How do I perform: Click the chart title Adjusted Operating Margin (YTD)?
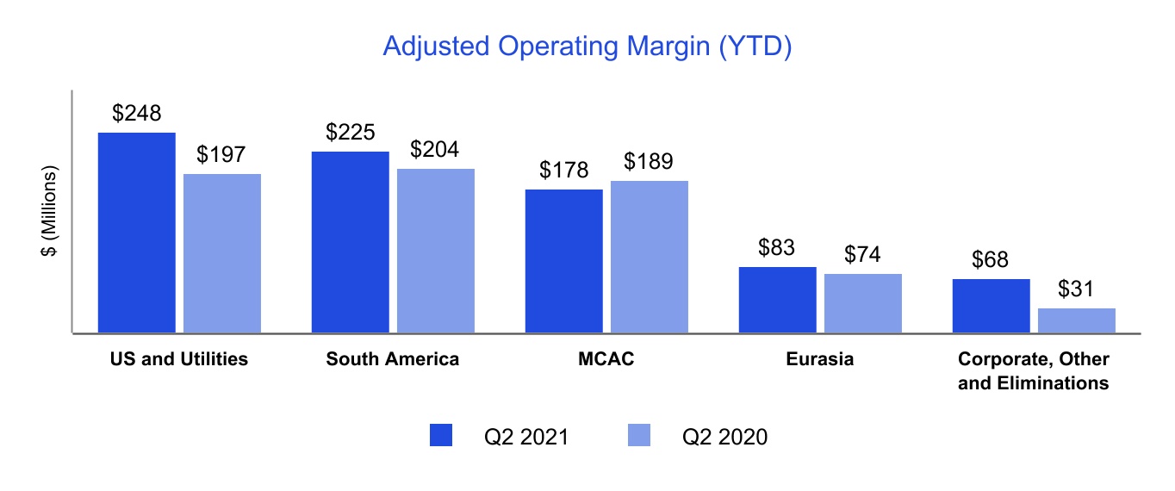coord(587,47)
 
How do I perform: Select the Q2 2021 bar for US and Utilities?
coord(137,233)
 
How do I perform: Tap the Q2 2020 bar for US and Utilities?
coord(222,253)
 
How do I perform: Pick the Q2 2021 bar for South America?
coord(350,242)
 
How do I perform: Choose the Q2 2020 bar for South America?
coord(436,251)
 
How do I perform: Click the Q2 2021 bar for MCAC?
coord(563,261)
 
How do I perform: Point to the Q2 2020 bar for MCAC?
coord(650,257)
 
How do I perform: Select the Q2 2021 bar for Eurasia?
coord(777,300)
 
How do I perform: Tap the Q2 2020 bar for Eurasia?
coord(863,303)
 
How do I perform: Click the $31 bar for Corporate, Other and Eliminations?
coord(1077,320)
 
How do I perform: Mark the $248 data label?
coord(137,114)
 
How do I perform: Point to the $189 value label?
coord(650,161)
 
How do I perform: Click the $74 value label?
coord(863,254)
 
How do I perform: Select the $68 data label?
coord(991,259)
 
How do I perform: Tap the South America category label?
coord(393,359)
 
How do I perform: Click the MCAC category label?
coord(606,359)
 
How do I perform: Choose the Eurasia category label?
coord(820,359)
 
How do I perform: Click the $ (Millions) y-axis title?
coord(51,211)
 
